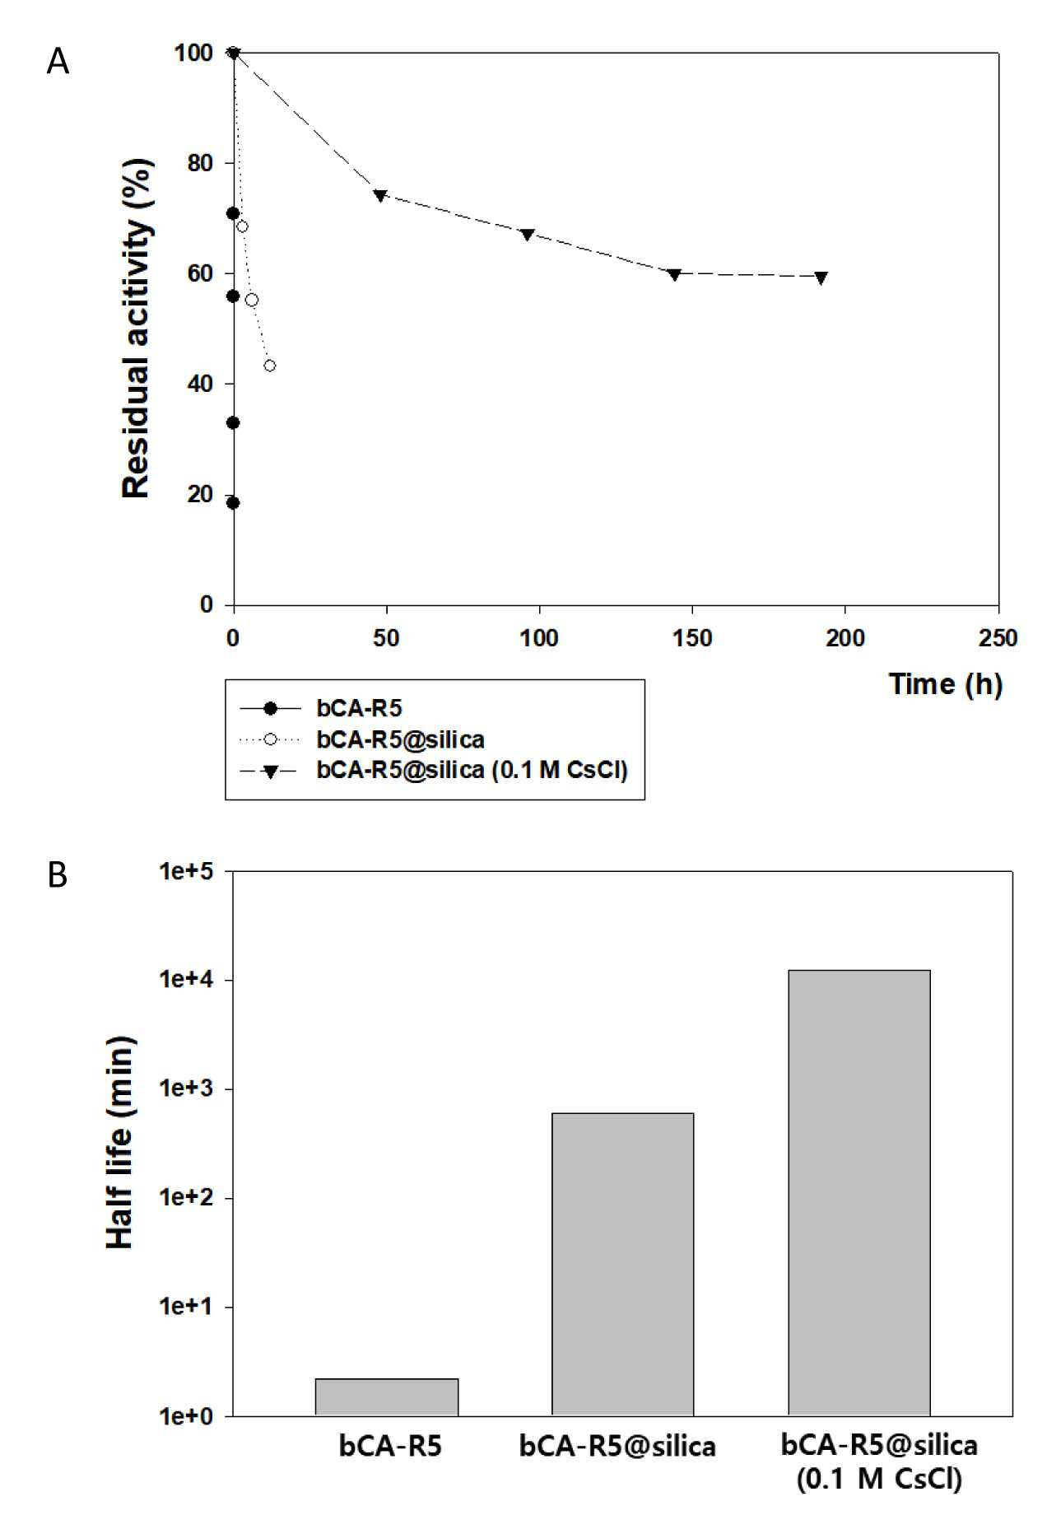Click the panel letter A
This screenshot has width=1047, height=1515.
[58, 61]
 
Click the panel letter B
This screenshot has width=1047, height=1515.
[57, 874]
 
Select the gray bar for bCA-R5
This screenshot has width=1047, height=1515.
[386, 1397]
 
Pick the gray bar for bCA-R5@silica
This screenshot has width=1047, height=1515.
[622, 1265]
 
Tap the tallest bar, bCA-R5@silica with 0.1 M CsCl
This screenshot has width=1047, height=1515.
[859, 1193]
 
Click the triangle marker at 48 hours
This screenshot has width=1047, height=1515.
[380, 195]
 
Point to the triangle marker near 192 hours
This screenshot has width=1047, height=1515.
[821, 277]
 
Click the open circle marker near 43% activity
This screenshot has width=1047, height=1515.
[269, 366]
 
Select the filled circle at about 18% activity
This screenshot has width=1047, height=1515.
[233, 503]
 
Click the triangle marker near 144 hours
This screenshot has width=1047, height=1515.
[675, 274]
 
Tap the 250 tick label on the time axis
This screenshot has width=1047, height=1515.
[998, 638]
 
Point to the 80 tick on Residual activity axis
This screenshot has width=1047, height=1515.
[194, 163]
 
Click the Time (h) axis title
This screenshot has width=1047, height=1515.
[946, 684]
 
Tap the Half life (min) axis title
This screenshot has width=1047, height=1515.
[120, 1142]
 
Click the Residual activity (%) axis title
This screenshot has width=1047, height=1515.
[137, 329]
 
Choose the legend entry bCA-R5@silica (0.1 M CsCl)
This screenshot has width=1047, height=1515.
[472, 771]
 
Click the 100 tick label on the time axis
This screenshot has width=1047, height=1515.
[539, 638]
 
